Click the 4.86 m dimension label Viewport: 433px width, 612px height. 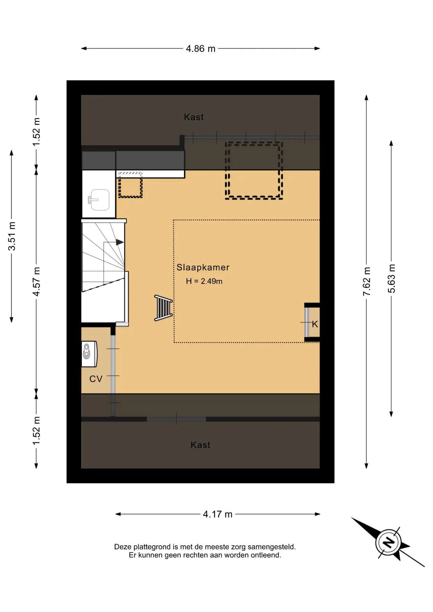(201, 48)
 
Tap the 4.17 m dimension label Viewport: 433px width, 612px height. (218, 514)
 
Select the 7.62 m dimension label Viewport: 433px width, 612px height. (367, 281)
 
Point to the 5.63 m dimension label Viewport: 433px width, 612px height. (391, 279)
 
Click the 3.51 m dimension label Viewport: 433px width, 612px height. (12, 236)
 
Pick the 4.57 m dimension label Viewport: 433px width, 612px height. (36, 282)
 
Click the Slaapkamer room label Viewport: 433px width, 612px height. (203, 267)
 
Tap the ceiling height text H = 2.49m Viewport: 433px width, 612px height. (204, 281)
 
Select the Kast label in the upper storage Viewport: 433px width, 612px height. (194, 117)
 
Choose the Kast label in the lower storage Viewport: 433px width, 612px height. (200, 445)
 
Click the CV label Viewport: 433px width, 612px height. (96, 379)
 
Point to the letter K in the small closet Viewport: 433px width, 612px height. (315, 324)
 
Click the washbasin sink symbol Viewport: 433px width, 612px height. (99, 200)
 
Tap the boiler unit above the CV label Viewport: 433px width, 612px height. (89, 354)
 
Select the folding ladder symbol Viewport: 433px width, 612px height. (164, 308)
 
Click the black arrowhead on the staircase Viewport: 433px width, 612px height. (120, 242)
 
